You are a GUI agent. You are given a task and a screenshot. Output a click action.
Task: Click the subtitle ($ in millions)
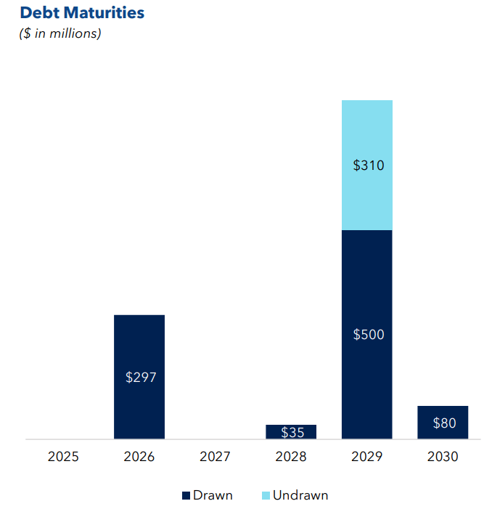pos(60,33)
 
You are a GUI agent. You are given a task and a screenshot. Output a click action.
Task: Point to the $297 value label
pos(140,378)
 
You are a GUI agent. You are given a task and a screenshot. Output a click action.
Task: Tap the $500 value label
pos(368,335)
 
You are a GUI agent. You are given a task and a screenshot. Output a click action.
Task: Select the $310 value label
pos(368,166)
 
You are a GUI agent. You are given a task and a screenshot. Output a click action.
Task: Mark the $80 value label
pos(443,423)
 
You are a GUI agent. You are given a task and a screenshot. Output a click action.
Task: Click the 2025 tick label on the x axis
pos(63,457)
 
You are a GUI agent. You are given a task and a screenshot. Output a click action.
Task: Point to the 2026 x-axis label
pos(139,457)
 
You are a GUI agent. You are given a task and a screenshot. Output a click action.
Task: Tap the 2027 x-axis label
pos(215,457)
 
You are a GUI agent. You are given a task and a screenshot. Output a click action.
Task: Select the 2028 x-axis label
pos(291,457)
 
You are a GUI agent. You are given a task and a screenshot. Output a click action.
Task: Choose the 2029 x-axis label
pos(367,457)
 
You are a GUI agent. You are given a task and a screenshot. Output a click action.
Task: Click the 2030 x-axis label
pos(443,457)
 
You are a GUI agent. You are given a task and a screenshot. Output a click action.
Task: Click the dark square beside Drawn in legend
pos(186,496)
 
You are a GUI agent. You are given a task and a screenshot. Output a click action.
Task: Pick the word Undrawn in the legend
pos(300,495)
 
